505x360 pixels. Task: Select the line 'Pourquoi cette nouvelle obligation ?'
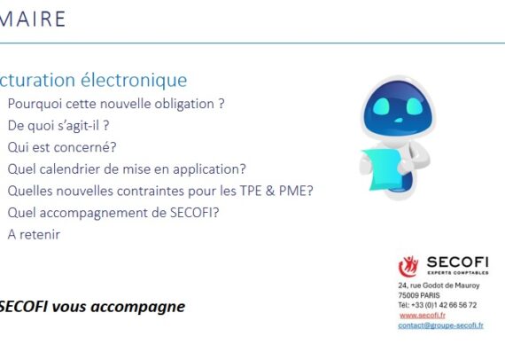point(115,103)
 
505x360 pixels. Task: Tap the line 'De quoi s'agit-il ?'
point(58,125)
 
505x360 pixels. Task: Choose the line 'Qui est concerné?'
point(62,147)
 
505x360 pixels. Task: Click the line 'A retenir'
point(34,234)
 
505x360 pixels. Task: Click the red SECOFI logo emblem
point(409,264)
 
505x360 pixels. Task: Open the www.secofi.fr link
point(423,315)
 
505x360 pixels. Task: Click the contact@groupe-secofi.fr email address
point(440,325)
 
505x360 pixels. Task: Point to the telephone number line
point(437,304)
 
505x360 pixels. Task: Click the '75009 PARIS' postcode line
point(418,295)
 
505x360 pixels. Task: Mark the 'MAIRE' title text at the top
point(34,19)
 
